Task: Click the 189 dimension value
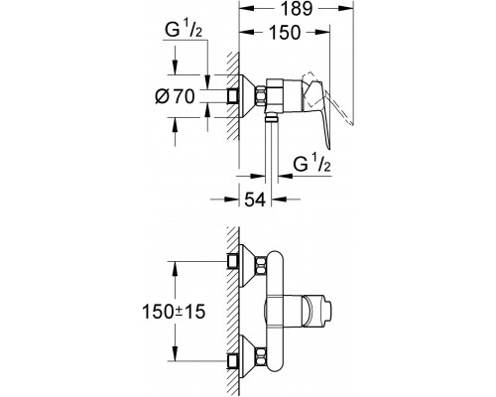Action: click(297, 9)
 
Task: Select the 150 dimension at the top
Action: click(285, 33)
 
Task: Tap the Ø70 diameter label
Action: click(176, 96)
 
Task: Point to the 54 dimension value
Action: click(255, 199)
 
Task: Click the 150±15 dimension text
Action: click(174, 312)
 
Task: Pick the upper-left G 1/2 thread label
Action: click(184, 30)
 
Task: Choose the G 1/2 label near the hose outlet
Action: click(311, 164)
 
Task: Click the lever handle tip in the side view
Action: click(328, 146)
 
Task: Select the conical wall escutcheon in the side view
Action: click(247, 96)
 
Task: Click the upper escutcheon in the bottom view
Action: click(247, 266)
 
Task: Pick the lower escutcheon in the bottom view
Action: click(247, 356)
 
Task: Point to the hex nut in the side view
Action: click(261, 96)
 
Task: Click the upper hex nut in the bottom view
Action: click(261, 266)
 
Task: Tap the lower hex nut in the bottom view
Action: click(261, 356)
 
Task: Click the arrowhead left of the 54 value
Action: click(231, 199)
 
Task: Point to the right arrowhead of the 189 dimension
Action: click(345, 9)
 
